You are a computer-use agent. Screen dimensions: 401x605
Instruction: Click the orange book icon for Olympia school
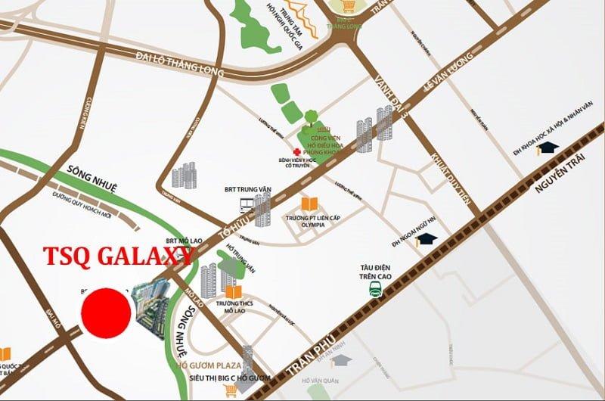pos(309,204)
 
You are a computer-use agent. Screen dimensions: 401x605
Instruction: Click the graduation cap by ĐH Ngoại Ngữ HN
pos(429,239)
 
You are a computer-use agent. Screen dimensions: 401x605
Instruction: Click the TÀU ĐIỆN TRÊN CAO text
pos(372,270)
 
